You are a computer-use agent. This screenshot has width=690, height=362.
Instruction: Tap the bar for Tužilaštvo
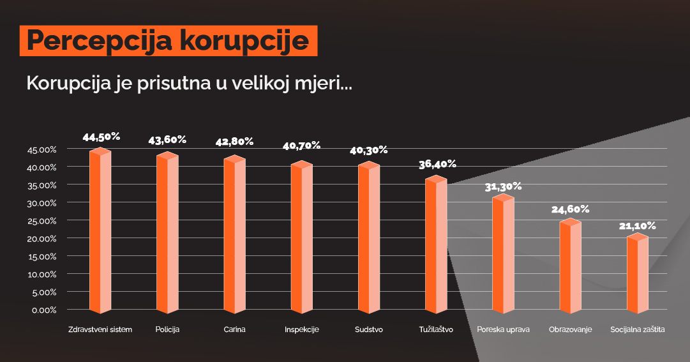click(x=436, y=246)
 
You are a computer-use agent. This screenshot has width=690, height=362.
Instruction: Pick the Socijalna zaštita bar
click(x=637, y=275)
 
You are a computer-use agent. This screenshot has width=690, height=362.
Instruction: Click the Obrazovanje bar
click(x=570, y=267)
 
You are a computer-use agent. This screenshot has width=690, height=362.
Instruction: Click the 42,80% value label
click(x=235, y=141)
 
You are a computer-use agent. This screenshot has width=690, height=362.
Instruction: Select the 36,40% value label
click(x=437, y=164)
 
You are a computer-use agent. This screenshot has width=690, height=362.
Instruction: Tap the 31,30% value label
click(x=503, y=186)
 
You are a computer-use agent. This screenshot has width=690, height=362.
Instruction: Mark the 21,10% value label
click(x=637, y=225)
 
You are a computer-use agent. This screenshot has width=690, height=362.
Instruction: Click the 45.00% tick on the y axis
click(x=43, y=149)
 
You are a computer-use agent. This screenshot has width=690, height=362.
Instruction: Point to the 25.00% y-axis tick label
click(x=43, y=220)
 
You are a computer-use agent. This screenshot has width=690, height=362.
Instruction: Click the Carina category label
click(x=235, y=330)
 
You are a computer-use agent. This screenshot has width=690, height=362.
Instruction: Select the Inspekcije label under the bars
click(x=301, y=330)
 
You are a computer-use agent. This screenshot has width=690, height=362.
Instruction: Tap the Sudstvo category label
click(x=369, y=330)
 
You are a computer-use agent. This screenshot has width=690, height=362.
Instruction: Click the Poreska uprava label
click(x=503, y=330)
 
